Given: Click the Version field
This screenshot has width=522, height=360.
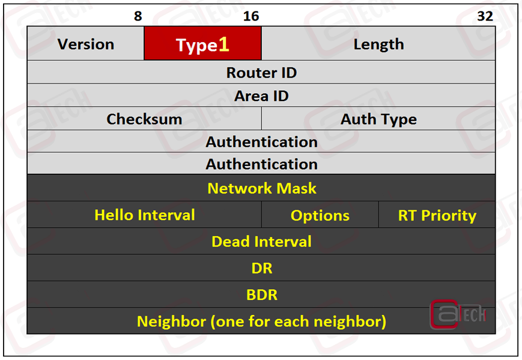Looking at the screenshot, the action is [x=85, y=44].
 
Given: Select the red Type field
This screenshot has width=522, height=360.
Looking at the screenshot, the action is [x=203, y=44].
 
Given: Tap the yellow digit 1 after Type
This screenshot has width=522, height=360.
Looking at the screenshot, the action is [x=223, y=44].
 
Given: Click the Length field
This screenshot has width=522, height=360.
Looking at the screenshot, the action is [x=378, y=44].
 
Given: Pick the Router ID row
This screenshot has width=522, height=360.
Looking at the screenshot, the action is [x=261, y=72].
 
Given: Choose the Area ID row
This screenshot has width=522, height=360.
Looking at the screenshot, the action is [x=261, y=96].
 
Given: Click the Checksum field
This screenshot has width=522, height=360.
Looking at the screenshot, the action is [x=144, y=118].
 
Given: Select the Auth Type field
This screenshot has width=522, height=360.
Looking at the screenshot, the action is [x=378, y=118].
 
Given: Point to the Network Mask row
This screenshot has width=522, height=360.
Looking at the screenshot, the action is [x=261, y=188].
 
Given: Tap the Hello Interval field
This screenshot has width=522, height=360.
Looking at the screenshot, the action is [x=144, y=215].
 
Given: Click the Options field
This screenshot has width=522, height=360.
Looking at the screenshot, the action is [x=320, y=215].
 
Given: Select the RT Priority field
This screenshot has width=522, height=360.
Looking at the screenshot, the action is [x=437, y=215].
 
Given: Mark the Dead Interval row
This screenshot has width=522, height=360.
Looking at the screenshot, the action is [x=261, y=241].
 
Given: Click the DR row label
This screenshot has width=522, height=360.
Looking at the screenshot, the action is [x=262, y=268].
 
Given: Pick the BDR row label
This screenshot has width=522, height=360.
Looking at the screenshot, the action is [x=262, y=294].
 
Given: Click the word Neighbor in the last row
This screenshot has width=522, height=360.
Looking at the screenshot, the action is [x=171, y=322].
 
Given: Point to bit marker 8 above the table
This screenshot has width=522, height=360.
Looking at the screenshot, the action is [x=138, y=16].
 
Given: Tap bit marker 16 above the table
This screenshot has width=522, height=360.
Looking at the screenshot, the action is [x=251, y=16].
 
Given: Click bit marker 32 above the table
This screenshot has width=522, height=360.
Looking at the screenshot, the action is [x=485, y=16].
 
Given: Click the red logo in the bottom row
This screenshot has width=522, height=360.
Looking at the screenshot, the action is [x=458, y=314].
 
